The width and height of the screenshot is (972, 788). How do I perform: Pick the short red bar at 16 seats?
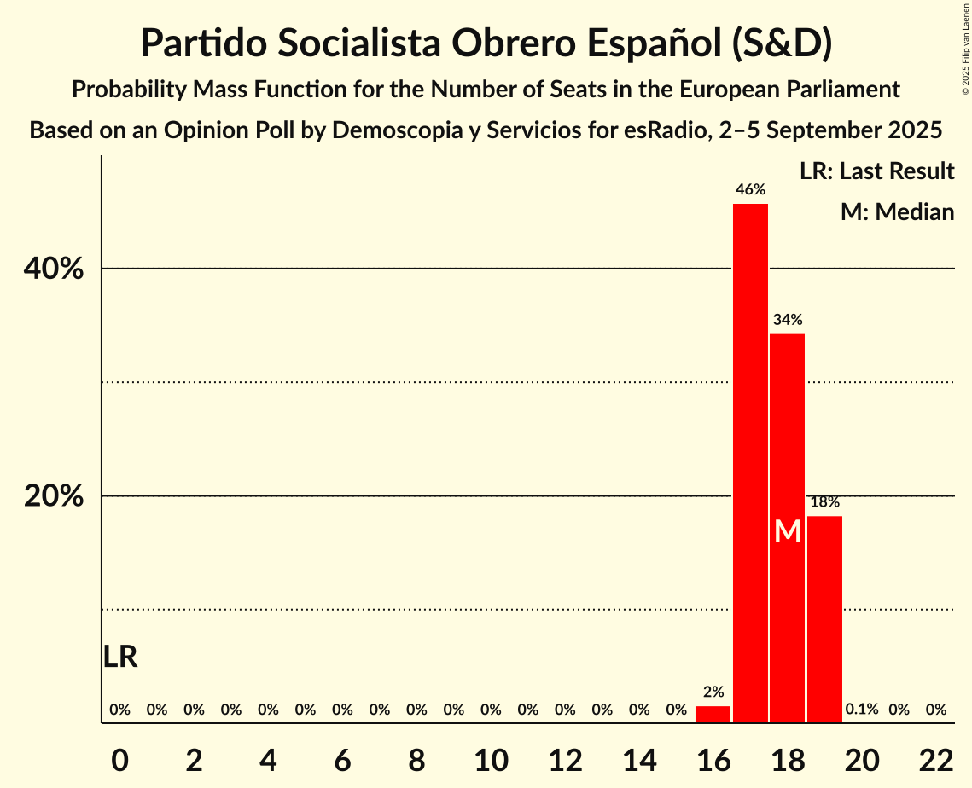click(x=713, y=715)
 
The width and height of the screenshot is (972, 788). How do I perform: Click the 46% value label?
click(x=750, y=190)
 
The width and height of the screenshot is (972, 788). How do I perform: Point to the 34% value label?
click(x=787, y=321)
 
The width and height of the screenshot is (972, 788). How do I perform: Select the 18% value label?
click(x=824, y=502)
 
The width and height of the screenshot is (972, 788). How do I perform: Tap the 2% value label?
click(x=713, y=692)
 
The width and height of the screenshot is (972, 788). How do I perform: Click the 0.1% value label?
click(x=862, y=710)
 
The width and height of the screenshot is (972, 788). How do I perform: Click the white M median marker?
click(x=788, y=532)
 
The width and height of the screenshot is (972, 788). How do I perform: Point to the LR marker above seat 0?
click(x=120, y=657)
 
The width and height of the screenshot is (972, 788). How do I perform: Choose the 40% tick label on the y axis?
click(x=54, y=269)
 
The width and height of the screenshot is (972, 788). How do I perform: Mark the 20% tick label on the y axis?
click(x=54, y=496)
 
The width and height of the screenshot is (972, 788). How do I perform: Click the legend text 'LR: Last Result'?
click(x=876, y=171)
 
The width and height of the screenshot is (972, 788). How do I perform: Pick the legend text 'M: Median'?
click(x=897, y=212)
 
